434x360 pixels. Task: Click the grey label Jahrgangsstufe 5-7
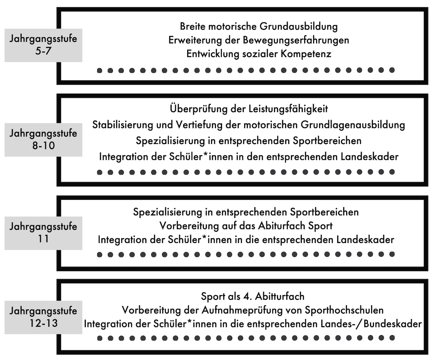pos(43,45)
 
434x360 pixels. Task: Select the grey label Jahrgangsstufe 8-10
pos(43,140)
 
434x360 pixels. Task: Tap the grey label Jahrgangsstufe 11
pos(43,233)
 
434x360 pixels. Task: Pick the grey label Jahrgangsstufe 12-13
pos(43,317)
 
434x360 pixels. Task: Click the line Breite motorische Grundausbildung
pos(259,26)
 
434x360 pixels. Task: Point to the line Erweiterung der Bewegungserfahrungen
pos(259,40)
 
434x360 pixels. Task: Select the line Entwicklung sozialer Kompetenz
pos(259,54)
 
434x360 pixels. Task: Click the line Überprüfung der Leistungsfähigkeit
pos(249,109)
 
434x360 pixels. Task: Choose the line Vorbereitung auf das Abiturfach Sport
pos(246,226)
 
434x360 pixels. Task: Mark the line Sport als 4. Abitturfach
pos(253,296)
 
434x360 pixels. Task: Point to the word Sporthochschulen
pos(344,310)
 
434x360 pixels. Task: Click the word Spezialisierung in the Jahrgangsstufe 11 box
pos(167,212)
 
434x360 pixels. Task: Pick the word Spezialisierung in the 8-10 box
pos(171,140)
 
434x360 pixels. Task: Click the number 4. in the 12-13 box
pos(246,296)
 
